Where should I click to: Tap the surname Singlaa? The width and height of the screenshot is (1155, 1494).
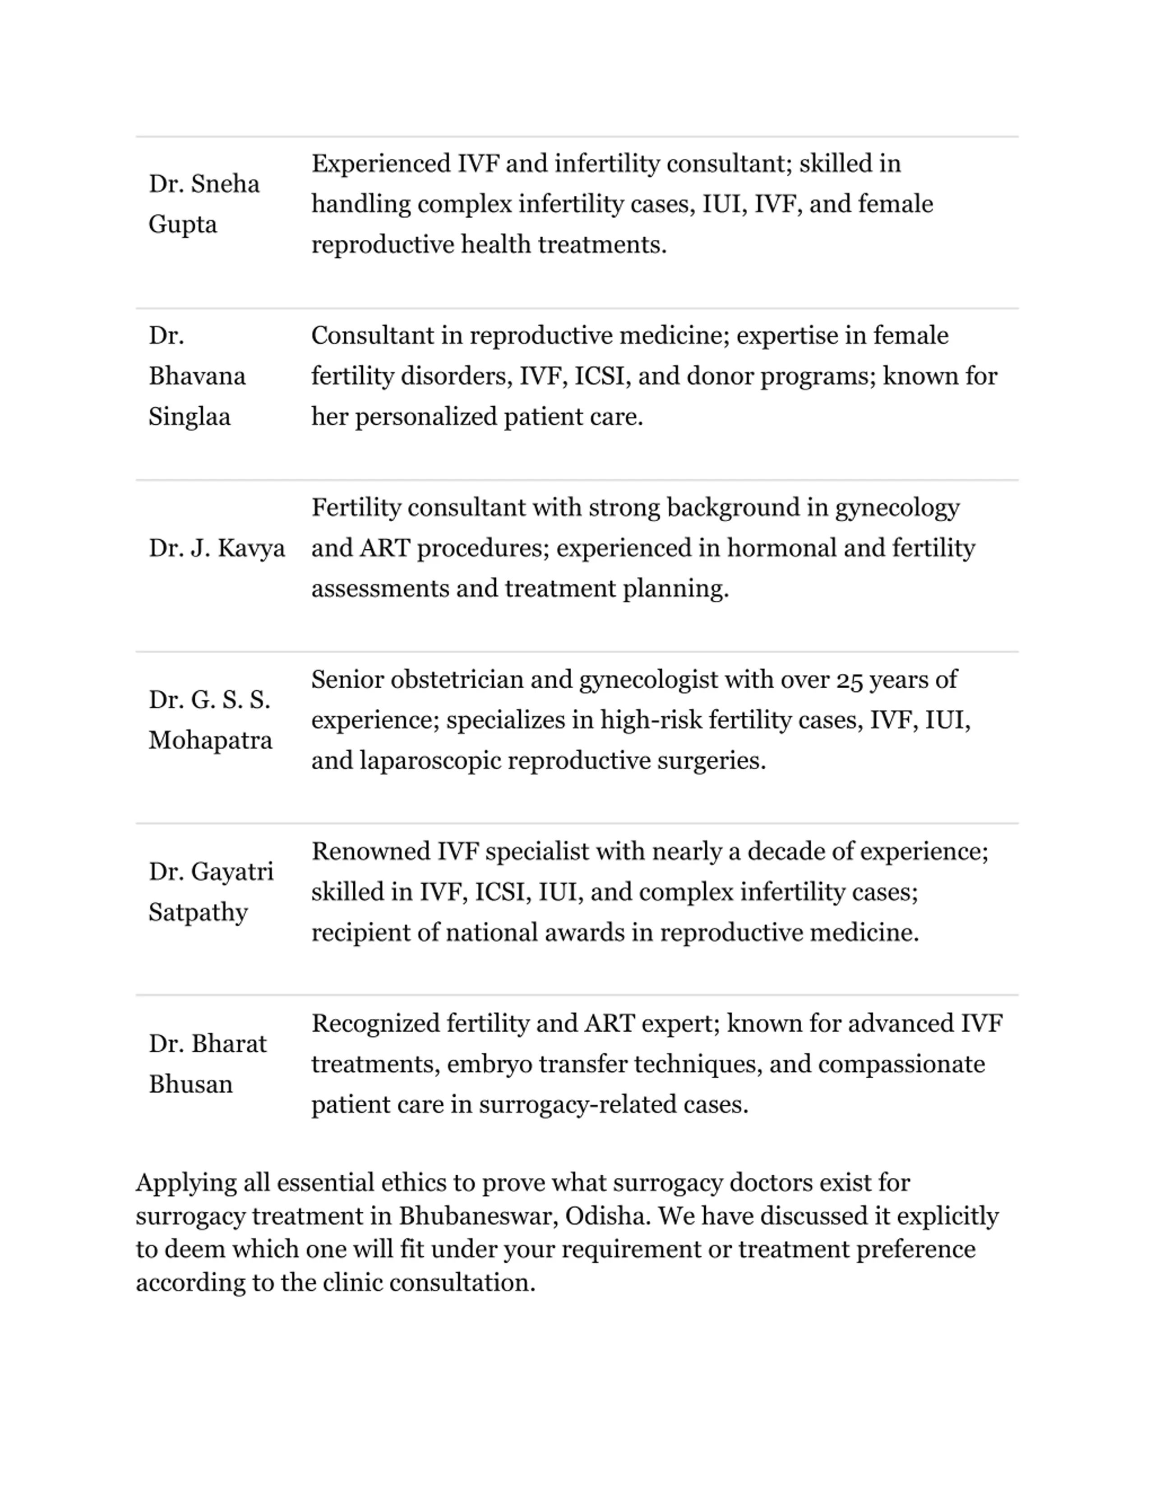tap(189, 417)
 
